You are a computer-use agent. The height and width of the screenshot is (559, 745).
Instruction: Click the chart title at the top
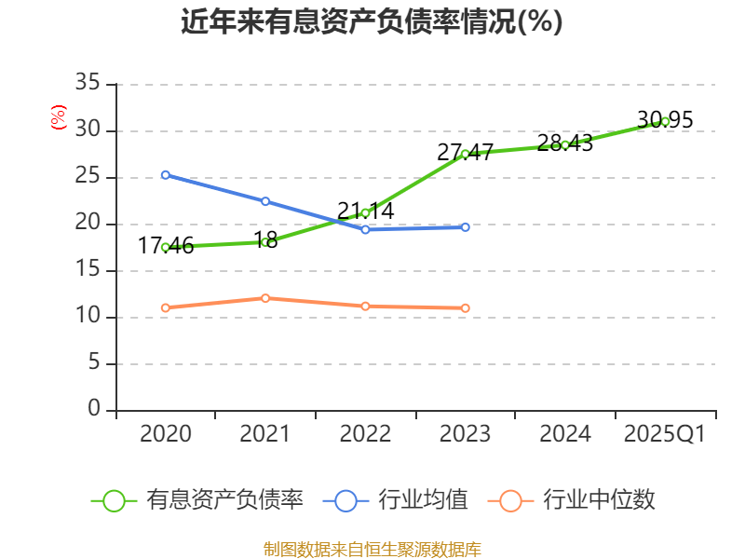[372, 21]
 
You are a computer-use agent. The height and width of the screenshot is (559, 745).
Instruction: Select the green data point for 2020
[165, 247]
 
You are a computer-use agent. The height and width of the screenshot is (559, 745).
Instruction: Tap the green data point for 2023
[465, 154]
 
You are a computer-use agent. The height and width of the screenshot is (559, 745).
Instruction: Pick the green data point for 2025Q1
[665, 121]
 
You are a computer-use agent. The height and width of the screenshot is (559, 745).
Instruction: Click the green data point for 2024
[565, 144]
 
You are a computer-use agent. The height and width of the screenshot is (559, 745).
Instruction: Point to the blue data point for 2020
[165, 174]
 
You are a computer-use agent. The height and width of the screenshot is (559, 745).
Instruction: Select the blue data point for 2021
[265, 201]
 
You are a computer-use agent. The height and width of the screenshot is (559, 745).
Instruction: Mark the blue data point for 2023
[465, 226]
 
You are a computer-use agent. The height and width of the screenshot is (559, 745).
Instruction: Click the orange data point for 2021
[265, 298]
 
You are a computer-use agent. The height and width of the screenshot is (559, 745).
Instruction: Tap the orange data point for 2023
[465, 307]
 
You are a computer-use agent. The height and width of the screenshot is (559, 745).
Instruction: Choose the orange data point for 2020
[165, 307]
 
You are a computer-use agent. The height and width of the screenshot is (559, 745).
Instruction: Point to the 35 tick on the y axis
[88, 84]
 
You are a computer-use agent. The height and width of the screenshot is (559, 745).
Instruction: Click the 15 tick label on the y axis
[88, 270]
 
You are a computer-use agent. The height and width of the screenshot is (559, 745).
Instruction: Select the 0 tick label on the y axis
[93, 409]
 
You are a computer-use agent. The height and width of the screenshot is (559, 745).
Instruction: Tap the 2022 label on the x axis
[365, 434]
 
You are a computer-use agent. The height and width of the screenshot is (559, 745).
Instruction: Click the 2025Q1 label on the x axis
[665, 434]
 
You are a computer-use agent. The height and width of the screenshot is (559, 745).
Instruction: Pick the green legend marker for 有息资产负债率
[114, 500]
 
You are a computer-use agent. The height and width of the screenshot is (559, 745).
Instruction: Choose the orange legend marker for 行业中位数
[510, 500]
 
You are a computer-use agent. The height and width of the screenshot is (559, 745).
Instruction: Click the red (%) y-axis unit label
[59, 118]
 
